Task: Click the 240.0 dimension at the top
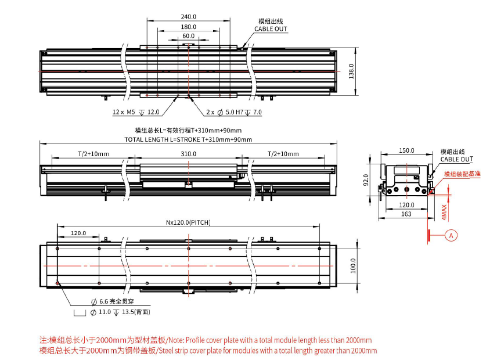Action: [x=188, y=17]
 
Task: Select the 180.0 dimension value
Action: [x=188, y=27]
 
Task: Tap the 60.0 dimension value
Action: [x=188, y=36]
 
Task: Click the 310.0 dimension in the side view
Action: [x=188, y=154]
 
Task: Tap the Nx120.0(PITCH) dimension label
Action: [x=188, y=222]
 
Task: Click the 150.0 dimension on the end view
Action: [x=406, y=150]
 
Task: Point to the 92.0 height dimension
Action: [x=366, y=181]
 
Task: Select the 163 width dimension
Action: [x=406, y=214]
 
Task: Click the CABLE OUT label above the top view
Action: [x=271, y=28]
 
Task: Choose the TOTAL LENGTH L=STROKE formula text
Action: [x=188, y=140]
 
